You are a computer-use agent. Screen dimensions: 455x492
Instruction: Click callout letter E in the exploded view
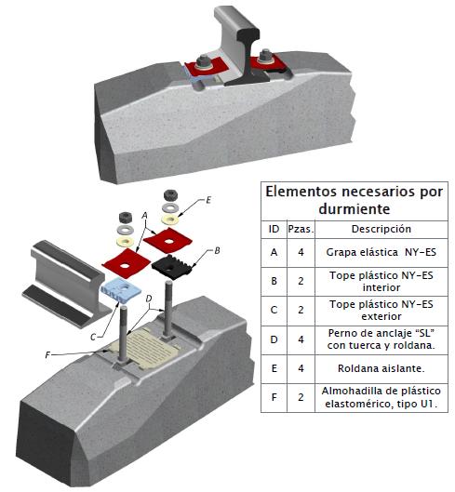click(x=208, y=200)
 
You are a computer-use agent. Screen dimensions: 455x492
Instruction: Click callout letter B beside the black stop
click(x=217, y=251)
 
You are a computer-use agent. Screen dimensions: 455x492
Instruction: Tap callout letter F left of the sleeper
click(x=47, y=355)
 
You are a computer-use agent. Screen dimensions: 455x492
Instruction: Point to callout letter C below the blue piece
click(x=93, y=337)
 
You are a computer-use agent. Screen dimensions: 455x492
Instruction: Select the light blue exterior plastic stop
click(x=120, y=290)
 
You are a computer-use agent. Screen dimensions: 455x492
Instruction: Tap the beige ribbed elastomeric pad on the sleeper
click(x=145, y=348)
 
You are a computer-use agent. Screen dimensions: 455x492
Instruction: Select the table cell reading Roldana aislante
click(x=381, y=368)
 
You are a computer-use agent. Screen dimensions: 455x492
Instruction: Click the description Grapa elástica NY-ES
click(x=381, y=252)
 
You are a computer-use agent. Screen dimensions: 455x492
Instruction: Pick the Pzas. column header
click(x=301, y=229)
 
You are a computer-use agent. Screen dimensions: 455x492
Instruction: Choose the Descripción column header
click(x=381, y=229)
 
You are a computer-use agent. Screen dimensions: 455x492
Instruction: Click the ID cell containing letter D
click(x=274, y=339)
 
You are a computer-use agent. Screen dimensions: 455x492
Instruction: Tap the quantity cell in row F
click(x=301, y=397)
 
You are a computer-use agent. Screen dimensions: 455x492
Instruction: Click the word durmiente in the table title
click(x=355, y=208)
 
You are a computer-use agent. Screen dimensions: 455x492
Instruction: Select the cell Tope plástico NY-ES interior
click(x=381, y=282)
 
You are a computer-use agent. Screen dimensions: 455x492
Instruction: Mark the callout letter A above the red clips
click(x=144, y=215)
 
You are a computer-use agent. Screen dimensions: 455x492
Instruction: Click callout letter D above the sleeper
click(x=149, y=299)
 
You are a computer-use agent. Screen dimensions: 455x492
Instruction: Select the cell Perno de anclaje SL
click(x=381, y=339)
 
